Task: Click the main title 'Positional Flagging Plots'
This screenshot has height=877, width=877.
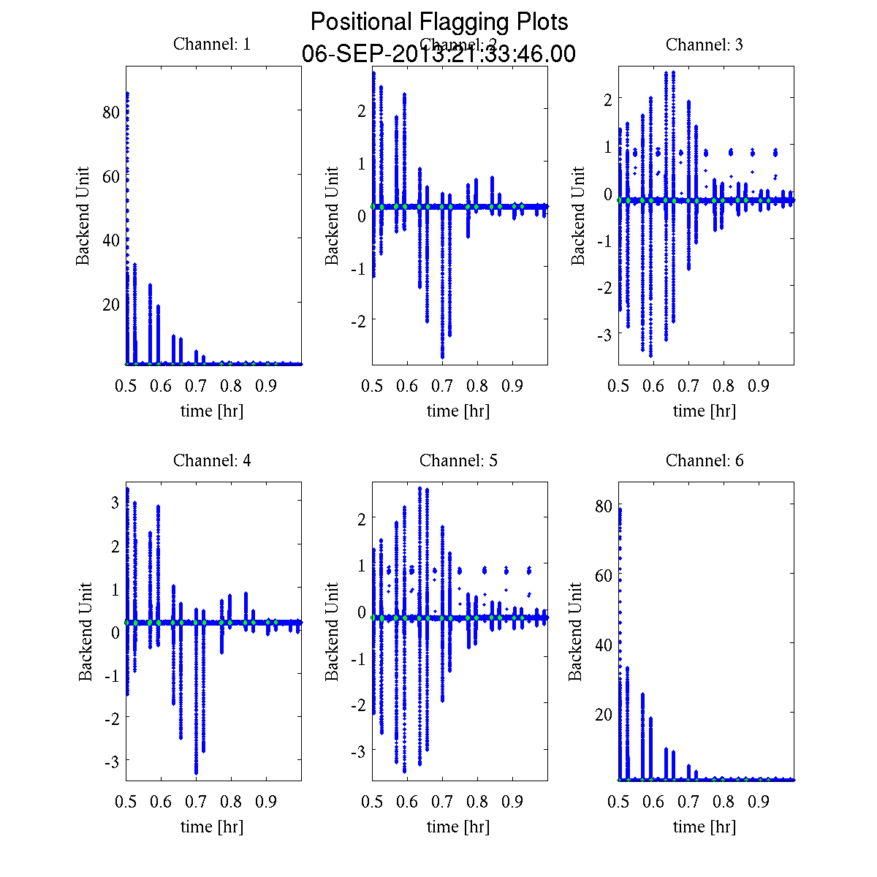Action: click(x=438, y=22)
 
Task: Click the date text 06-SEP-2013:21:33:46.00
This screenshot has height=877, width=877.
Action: click(x=438, y=54)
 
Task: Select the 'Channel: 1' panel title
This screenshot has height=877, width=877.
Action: click(x=212, y=44)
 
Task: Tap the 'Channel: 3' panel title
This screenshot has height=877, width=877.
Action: click(x=705, y=45)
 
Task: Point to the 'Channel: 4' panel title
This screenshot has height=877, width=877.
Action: click(x=212, y=460)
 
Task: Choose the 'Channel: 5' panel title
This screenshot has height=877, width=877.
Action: click(x=458, y=460)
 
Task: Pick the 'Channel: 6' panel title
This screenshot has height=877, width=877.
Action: click(x=705, y=460)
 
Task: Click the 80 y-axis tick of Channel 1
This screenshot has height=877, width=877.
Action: click(x=110, y=113)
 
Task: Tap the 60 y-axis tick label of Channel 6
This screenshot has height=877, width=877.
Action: click(x=603, y=575)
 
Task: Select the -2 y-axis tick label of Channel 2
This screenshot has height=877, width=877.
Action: click(x=357, y=320)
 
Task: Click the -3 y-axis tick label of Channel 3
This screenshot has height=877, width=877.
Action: click(x=603, y=334)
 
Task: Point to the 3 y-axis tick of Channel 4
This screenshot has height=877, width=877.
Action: click(x=115, y=502)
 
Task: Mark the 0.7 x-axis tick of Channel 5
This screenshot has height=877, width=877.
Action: click(x=442, y=802)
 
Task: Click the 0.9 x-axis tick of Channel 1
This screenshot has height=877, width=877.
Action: click(x=266, y=385)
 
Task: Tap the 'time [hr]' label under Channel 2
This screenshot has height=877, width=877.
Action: click(x=458, y=411)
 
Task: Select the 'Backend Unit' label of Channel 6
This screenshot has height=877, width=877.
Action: click(x=576, y=632)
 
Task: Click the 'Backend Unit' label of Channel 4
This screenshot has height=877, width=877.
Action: click(x=86, y=632)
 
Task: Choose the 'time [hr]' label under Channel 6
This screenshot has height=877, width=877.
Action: click(x=705, y=827)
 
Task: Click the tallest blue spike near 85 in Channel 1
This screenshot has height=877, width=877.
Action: click(x=127, y=95)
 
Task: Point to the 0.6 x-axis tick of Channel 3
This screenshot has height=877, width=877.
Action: click(x=653, y=385)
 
